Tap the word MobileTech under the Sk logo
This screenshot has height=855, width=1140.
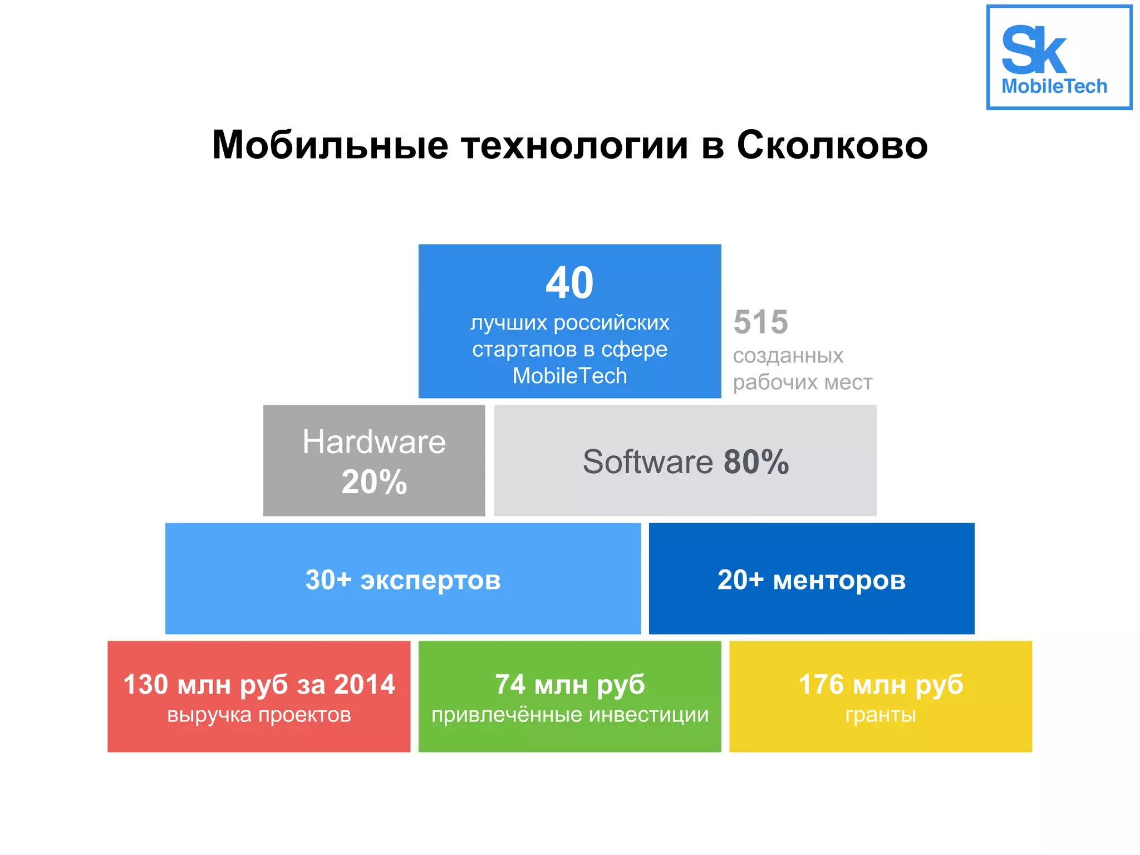[x=1054, y=86]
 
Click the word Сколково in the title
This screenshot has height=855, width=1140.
[x=832, y=145]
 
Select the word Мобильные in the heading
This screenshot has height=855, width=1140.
[x=330, y=145]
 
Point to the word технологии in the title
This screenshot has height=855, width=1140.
[x=574, y=145]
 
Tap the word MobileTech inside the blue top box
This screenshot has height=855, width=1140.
[x=569, y=376]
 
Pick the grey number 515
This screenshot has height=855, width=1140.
[x=760, y=322]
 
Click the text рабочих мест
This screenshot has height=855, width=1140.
[x=802, y=382]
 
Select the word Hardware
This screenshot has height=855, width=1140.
[x=374, y=442]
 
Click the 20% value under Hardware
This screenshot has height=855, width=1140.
[x=374, y=481]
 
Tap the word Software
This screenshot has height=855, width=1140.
[x=647, y=461]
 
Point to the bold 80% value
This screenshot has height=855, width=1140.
[x=756, y=461]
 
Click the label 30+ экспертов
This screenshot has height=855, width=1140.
[x=403, y=579]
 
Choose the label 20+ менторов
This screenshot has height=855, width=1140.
[x=812, y=579]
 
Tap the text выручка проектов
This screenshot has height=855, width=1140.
[x=259, y=715]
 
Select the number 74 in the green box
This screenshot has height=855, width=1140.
[x=510, y=684]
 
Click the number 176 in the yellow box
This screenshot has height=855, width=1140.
[x=821, y=684]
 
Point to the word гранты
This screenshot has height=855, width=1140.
[x=881, y=715]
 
